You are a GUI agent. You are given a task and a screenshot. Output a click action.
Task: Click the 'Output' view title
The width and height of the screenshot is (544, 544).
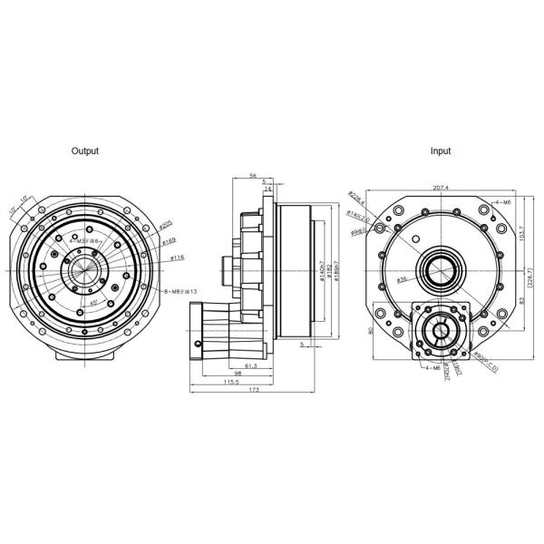point(85,151)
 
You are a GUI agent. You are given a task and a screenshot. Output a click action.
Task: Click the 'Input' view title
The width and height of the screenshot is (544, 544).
point(441,151)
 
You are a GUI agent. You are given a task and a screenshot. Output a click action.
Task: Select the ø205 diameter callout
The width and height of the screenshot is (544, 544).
point(166,224)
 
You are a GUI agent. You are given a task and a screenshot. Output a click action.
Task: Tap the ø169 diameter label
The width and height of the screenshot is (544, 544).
point(169,242)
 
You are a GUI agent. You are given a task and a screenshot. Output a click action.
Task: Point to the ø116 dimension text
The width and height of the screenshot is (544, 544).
point(178,259)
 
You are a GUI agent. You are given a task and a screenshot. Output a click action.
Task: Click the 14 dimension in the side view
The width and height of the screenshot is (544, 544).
point(267,189)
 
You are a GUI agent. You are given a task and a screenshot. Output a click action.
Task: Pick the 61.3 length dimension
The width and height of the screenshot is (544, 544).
point(251,364)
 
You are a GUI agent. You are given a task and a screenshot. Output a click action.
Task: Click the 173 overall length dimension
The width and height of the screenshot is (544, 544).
point(253,391)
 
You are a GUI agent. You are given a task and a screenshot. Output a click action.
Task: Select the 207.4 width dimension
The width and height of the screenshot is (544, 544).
point(441,187)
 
